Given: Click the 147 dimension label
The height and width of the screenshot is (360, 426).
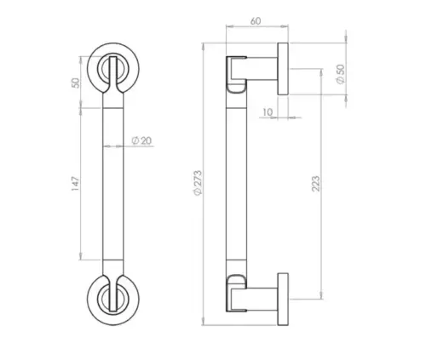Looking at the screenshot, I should [x=75, y=183].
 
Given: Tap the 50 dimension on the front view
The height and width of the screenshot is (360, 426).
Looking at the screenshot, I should [x=75, y=83].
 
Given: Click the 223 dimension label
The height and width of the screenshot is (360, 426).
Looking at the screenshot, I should [x=316, y=190].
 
